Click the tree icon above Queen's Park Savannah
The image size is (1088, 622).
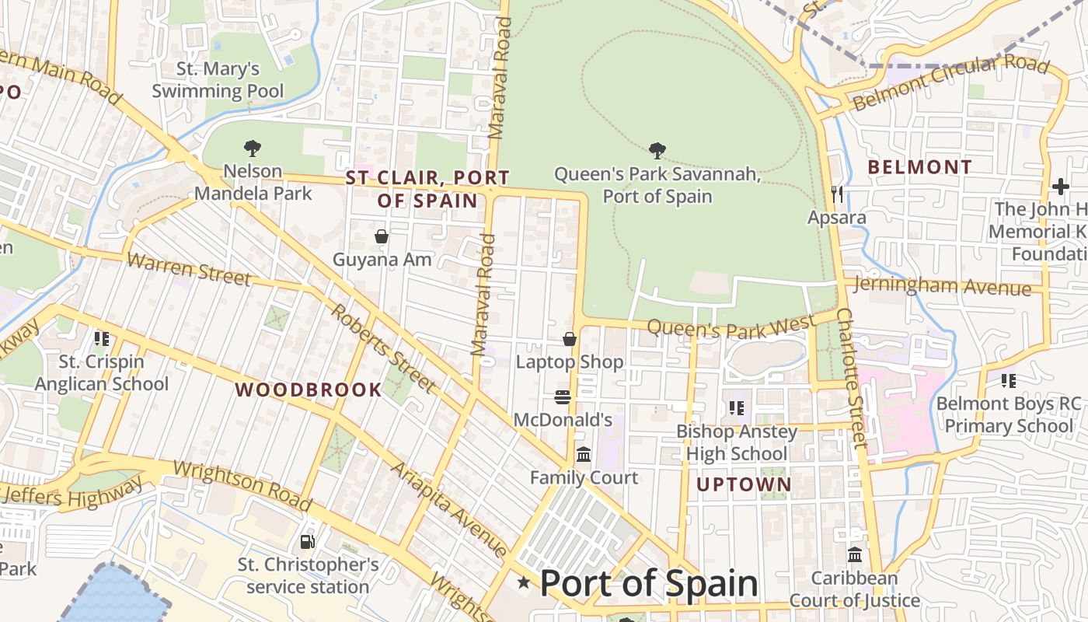click(x=657, y=149)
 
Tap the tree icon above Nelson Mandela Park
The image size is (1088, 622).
click(x=252, y=147)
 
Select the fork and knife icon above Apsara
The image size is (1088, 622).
click(x=837, y=194)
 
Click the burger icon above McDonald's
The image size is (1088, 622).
click(x=563, y=397)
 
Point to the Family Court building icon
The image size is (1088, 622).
click(x=584, y=454)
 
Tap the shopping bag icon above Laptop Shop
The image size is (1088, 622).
click(x=570, y=339)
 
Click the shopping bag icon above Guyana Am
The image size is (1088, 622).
click(x=382, y=236)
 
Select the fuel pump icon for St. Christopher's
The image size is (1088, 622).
click(x=308, y=541)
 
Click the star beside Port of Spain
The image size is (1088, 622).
click(x=525, y=582)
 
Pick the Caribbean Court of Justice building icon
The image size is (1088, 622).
click(x=855, y=555)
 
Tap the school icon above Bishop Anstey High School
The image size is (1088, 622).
click(x=737, y=407)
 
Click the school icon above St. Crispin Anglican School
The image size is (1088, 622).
click(x=101, y=339)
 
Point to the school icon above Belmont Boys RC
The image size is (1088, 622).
click(x=1009, y=381)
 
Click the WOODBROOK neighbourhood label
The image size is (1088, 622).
click(x=309, y=390)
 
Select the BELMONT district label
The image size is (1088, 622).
click(x=919, y=166)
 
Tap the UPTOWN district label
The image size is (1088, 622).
click(x=744, y=484)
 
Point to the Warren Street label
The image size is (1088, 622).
click(x=189, y=267)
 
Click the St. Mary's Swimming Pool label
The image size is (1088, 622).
click(x=218, y=80)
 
